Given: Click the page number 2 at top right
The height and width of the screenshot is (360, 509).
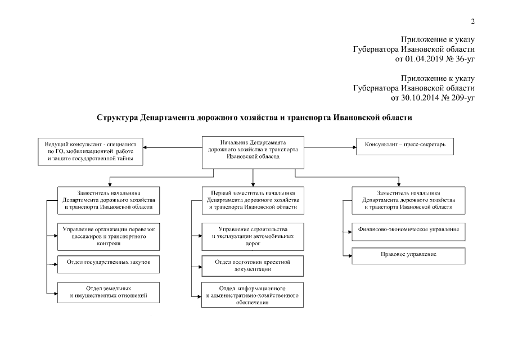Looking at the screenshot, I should [473, 21].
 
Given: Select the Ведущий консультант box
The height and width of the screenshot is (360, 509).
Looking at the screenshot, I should [91, 152].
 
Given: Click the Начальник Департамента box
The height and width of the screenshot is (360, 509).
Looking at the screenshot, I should [253, 151].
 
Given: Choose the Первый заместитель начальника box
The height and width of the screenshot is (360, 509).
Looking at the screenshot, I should [253, 200].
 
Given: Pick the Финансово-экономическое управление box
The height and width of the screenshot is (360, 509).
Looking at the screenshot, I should [408, 230].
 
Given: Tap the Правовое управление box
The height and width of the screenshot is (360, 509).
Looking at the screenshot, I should [408, 255].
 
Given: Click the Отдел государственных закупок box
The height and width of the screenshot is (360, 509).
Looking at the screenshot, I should [108, 263].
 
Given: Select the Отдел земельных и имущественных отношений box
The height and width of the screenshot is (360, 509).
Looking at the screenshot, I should [108, 291].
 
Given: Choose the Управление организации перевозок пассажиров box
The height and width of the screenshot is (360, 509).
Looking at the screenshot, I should [108, 237].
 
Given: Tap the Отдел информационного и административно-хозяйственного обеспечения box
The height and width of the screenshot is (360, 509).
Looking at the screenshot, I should [253, 294].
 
